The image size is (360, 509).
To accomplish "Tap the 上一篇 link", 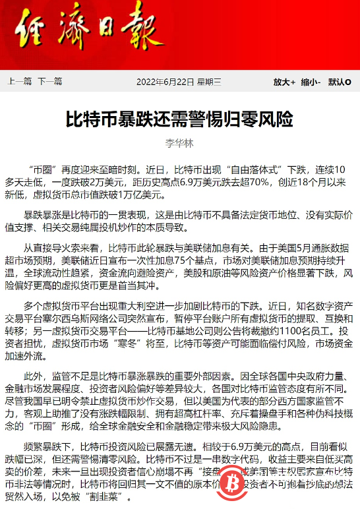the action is click(x=19, y=82).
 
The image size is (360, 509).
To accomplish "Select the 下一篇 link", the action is click(x=49, y=82).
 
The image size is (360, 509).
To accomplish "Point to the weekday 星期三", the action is click(x=208, y=82).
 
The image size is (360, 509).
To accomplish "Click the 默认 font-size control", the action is click(x=339, y=82).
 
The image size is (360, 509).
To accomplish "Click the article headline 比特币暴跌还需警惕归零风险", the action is click(x=179, y=120).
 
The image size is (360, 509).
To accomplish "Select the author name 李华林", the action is click(x=179, y=142).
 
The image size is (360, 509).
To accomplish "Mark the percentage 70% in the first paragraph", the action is click(x=245, y=182).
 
